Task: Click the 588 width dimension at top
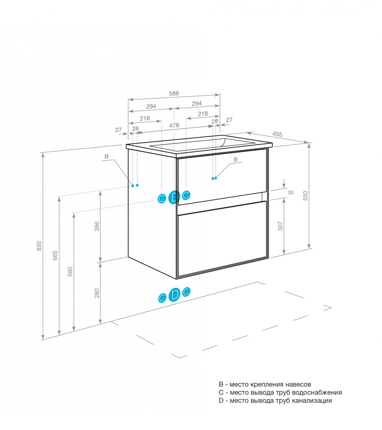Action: pos(174,94)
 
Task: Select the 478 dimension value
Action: pos(174,125)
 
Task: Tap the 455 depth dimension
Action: pos(278,135)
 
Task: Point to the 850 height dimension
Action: pos(39,246)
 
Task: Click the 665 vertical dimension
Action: pos(55,256)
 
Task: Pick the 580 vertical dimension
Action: pos(70,272)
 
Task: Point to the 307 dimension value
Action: pos(280,227)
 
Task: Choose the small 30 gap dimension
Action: pos(291,192)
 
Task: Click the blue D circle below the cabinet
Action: pos(174,294)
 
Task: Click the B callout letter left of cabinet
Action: pos(107,157)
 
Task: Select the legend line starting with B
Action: pos(265,384)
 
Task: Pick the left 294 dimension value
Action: pos(152,106)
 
